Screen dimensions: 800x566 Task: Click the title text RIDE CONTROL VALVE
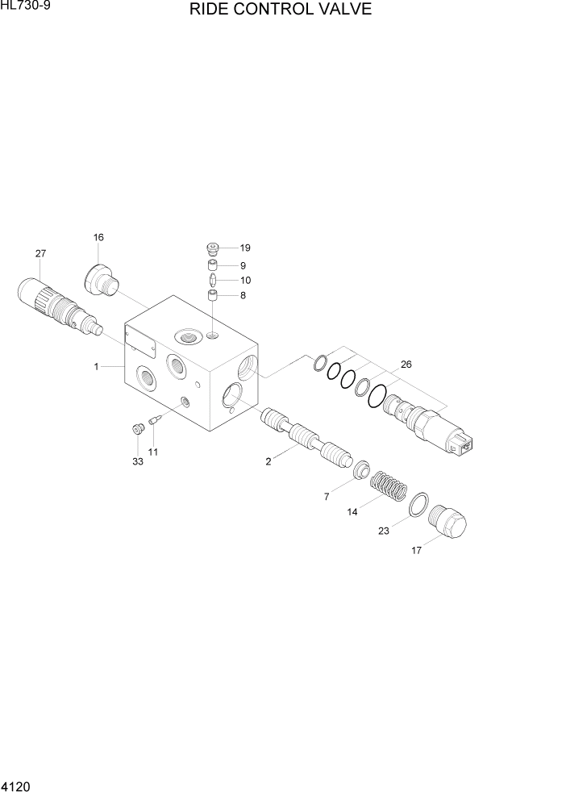coord(281,10)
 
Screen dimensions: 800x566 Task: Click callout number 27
coord(40,253)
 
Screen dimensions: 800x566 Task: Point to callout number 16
coord(98,237)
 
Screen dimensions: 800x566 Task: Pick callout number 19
coord(245,248)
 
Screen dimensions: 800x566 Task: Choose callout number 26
coord(406,365)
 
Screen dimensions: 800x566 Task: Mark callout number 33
coord(137,461)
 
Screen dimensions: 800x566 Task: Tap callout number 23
coord(383,531)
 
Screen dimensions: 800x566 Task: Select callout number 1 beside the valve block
coord(96,367)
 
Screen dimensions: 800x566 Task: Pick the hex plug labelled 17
coord(448,523)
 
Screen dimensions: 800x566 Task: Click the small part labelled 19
coord(213,249)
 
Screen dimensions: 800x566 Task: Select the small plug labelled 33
coord(137,425)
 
